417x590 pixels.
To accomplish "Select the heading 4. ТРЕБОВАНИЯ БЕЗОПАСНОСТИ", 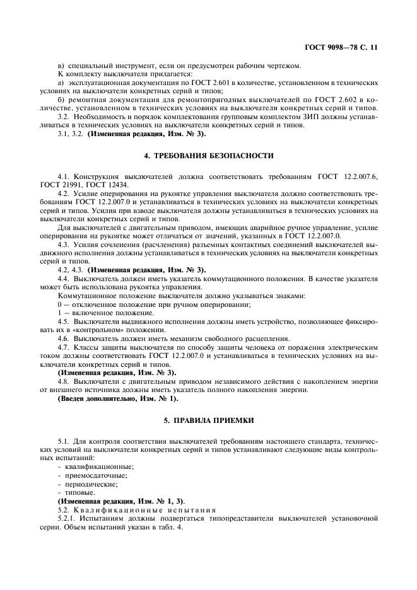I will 208,154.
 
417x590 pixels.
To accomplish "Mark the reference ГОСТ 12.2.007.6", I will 346,176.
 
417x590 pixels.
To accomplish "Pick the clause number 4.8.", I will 63,382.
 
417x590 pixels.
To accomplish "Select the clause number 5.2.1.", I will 66,517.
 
